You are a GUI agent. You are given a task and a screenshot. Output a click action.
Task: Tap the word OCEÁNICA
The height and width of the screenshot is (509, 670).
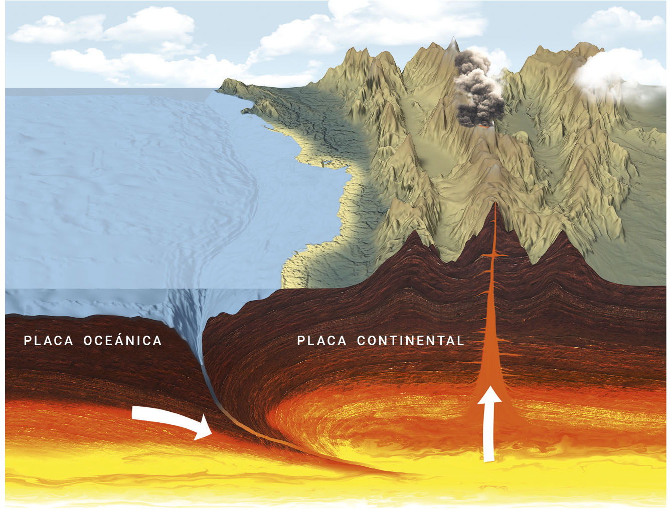[123, 341]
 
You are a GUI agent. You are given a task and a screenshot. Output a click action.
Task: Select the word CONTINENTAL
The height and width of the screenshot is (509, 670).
[411, 341]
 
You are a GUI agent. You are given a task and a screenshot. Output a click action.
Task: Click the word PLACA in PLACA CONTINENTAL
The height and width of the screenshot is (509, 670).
[321, 341]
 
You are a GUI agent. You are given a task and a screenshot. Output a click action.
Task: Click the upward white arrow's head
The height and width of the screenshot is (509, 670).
[489, 396]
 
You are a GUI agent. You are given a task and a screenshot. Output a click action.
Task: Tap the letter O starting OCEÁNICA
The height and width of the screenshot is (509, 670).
[88, 341]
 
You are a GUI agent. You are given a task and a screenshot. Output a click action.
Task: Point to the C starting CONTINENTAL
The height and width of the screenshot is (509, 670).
[361, 341]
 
